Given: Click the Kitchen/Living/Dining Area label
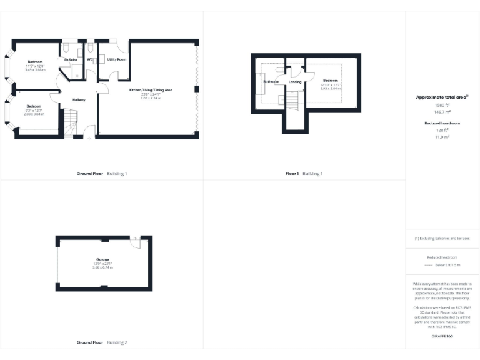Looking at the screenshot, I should (x=151, y=91).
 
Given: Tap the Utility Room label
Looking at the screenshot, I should (x=117, y=59).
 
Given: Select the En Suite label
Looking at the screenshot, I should (x=71, y=60).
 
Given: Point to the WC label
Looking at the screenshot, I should (x=90, y=59).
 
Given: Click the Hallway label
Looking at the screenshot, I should (x=79, y=100).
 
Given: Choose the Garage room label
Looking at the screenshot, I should (x=102, y=259).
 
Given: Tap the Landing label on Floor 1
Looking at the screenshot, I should (x=295, y=82).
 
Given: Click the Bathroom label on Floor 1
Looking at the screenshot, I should (x=271, y=82).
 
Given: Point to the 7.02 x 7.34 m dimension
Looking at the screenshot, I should (x=150, y=98).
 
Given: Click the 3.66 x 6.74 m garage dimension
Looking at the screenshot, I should (x=102, y=267).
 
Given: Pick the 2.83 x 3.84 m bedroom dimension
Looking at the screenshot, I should (x=34, y=114).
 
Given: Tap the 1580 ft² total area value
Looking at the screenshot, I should (x=442, y=105).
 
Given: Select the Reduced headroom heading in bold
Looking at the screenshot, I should (x=442, y=124).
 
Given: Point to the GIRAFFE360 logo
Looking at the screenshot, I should (x=442, y=337).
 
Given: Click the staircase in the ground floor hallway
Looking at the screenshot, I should (x=69, y=119).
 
